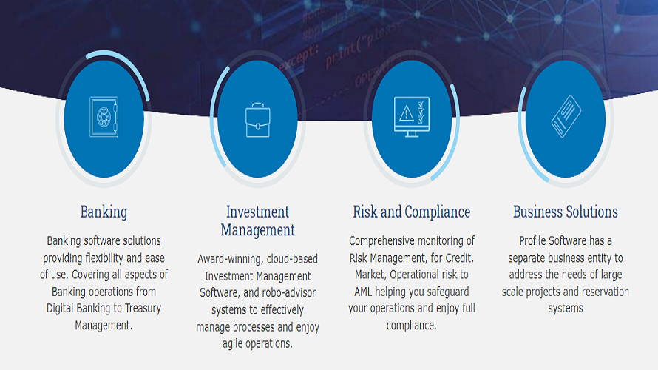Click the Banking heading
pos(104,212)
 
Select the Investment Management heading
pos(257,221)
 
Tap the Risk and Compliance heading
pos(411,212)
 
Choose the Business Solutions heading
pos(565,212)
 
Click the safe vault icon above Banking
pos(104,116)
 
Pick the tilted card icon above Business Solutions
pos(565,116)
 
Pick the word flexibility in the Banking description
pos(118,258)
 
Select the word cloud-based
pos(294,259)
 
